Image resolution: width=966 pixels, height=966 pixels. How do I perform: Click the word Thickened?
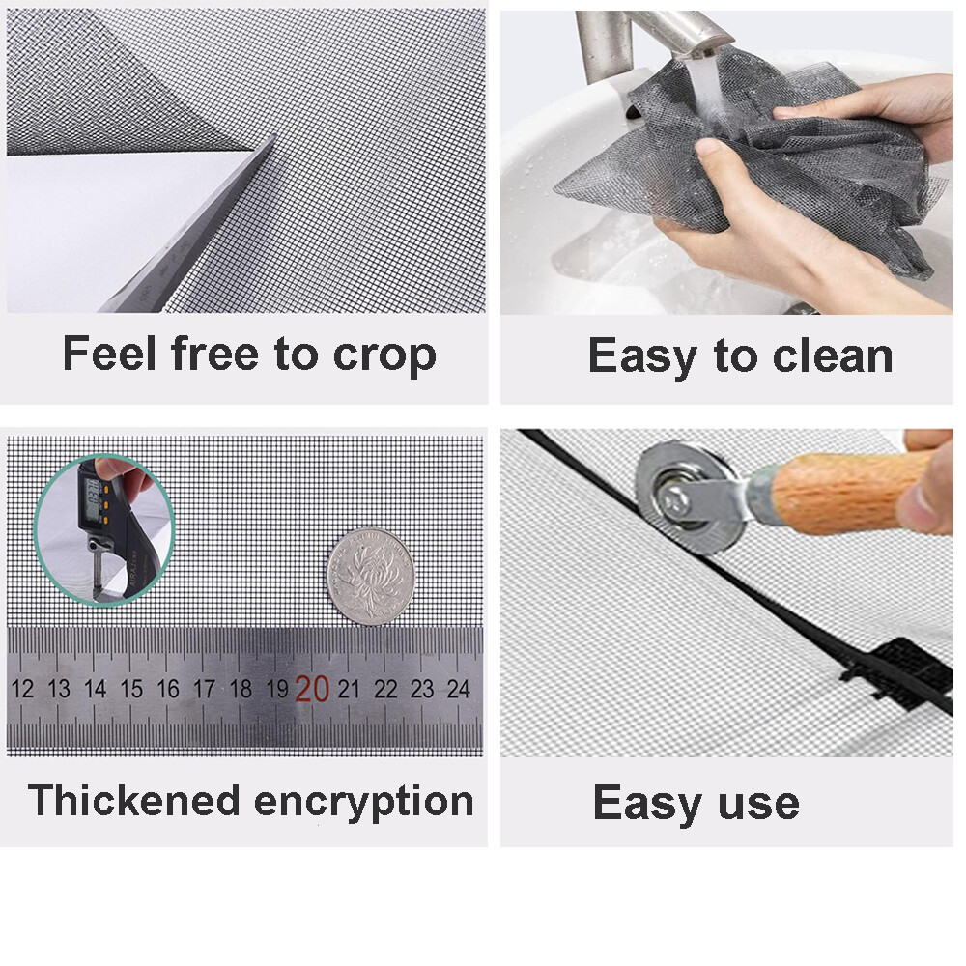(x=133, y=801)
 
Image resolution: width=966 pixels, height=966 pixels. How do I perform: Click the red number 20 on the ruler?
(x=312, y=689)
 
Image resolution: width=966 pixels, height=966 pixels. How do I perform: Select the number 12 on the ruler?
(x=22, y=690)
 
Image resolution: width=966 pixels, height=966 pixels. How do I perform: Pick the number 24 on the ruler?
(x=458, y=690)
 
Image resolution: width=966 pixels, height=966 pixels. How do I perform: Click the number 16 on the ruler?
(x=168, y=690)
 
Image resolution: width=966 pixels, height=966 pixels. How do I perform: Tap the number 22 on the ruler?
(x=385, y=690)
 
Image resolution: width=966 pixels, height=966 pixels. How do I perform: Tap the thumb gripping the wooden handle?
(x=932, y=502)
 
